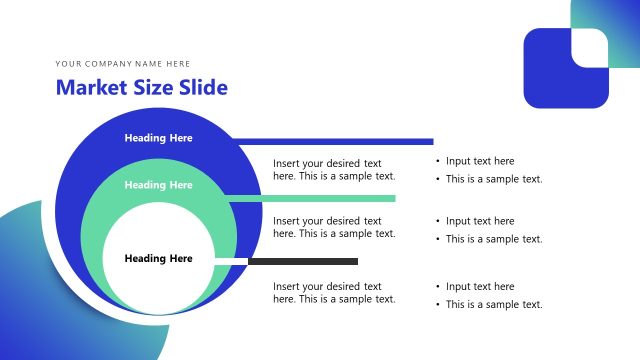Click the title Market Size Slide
[141, 88]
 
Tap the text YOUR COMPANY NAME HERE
[123, 64]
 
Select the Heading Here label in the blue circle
[158, 138]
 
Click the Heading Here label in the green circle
[158, 185]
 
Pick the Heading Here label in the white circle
[158, 259]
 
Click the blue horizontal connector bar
[330, 142]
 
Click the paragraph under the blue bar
[334, 170]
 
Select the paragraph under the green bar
[334, 227]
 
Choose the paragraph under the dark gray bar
[334, 293]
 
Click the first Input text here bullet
[480, 161]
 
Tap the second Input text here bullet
[480, 221]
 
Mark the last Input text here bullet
[480, 287]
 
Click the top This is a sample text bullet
[494, 180]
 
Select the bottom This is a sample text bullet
[494, 305]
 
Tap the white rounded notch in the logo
[589, 47]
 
